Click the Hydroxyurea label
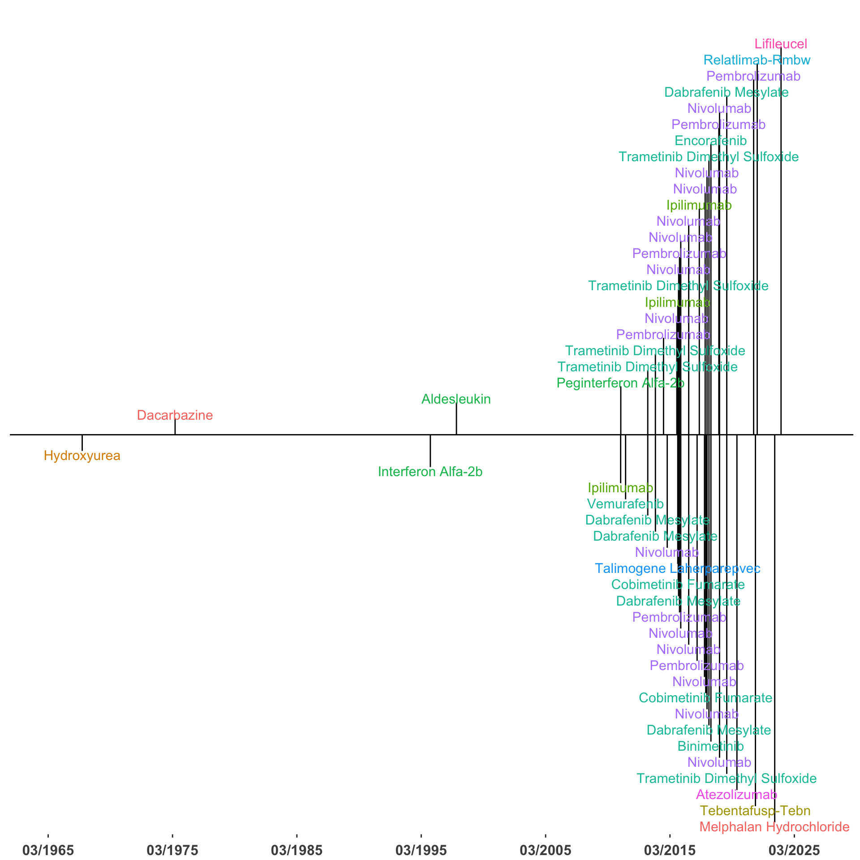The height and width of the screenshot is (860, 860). (x=82, y=456)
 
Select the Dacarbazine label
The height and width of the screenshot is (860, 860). (x=175, y=415)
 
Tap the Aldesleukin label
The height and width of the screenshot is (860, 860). (x=456, y=399)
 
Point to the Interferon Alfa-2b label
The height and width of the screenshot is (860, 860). (x=430, y=472)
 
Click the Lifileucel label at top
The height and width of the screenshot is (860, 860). (x=781, y=44)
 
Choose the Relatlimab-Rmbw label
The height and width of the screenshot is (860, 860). (x=757, y=60)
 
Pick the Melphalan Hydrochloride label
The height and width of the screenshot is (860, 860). (x=774, y=827)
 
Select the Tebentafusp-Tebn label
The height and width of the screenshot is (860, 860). (x=755, y=811)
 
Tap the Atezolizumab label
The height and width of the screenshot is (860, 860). (x=736, y=795)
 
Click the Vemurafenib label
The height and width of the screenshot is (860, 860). (x=625, y=504)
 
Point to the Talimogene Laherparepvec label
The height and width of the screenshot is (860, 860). (x=677, y=568)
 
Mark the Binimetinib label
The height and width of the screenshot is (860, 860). (x=710, y=746)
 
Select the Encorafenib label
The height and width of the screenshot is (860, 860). (x=710, y=141)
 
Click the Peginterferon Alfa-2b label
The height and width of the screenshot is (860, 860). (x=620, y=383)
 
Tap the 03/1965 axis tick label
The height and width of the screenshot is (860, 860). (x=48, y=850)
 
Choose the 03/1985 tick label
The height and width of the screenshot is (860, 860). (x=297, y=850)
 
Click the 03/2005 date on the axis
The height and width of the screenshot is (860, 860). (x=545, y=850)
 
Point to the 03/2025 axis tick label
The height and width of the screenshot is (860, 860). (x=794, y=850)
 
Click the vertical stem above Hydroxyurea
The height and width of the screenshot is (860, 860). (x=82, y=443)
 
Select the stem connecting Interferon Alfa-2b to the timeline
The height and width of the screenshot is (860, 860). (x=430, y=451)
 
